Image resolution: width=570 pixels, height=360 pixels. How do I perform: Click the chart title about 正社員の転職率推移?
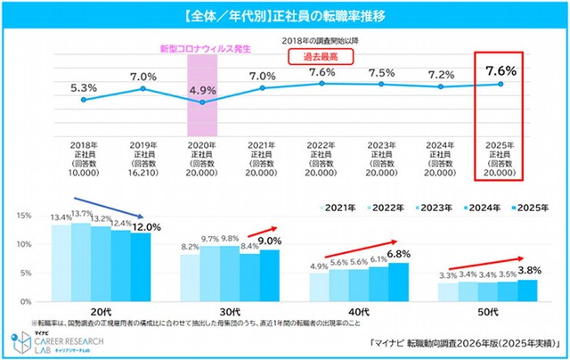285,16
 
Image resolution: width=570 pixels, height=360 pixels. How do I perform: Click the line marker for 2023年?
381,85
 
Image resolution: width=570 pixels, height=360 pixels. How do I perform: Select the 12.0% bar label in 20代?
123,227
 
